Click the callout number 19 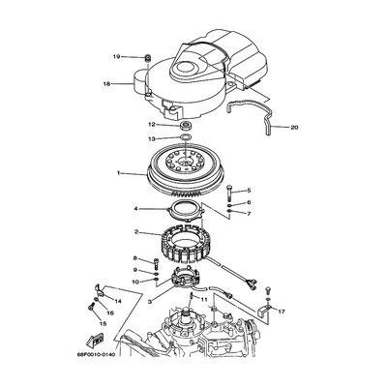click(x=116, y=57)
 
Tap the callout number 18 click(x=106, y=84)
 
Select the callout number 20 click(x=294, y=128)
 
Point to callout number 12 click(x=152, y=124)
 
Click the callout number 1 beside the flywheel click(x=118, y=173)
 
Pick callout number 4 click(x=136, y=209)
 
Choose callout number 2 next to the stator click(x=136, y=232)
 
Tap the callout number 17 click(x=282, y=312)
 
